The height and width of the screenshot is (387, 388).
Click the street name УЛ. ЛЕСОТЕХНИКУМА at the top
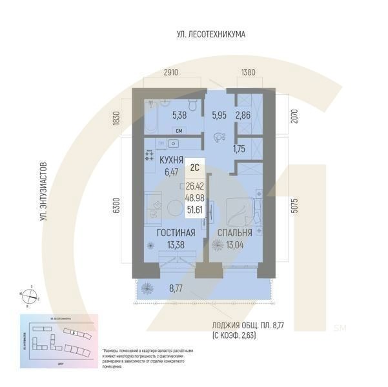point(211,34)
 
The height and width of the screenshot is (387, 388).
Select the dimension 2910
point(171,73)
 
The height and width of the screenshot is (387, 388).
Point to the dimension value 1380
point(249,73)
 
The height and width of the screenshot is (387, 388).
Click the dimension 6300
point(117,205)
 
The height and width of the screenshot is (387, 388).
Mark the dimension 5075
point(295,205)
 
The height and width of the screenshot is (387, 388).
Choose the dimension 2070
point(295,115)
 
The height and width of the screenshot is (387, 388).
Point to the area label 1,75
point(243,148)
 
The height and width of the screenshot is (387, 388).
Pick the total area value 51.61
point(194,210)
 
